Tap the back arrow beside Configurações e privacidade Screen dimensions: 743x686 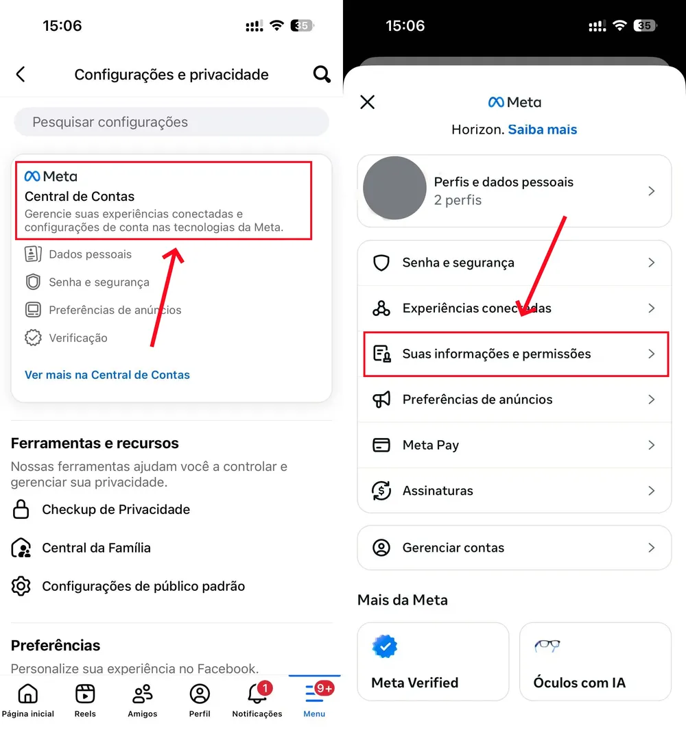pos(21,74)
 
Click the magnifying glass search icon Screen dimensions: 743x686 pos(322,74)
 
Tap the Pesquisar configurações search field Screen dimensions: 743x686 pos(171,122)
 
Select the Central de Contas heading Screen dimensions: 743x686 pos(80,197)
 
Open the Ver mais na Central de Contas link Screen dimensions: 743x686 pos(107,375)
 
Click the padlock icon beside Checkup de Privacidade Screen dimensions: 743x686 pos(21,509)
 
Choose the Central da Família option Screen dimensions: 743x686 pos(96,548)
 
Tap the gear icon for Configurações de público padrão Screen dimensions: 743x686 pos(21,586)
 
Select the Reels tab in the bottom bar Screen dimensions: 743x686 pos(85,694)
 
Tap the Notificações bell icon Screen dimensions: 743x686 pos(257,694)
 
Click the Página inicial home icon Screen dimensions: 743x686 pos(27,694)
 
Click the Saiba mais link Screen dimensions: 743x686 pos(543,130)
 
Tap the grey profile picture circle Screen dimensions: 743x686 pos(394,188)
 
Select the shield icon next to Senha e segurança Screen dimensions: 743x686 pos(381,263)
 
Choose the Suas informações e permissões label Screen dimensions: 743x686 pos(497,354)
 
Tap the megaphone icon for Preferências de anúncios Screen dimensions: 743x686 pos(381,400)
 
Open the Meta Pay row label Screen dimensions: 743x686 pos(431,445)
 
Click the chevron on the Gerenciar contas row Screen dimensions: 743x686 pos(652,548)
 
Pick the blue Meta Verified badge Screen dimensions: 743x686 pos(385,646)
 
